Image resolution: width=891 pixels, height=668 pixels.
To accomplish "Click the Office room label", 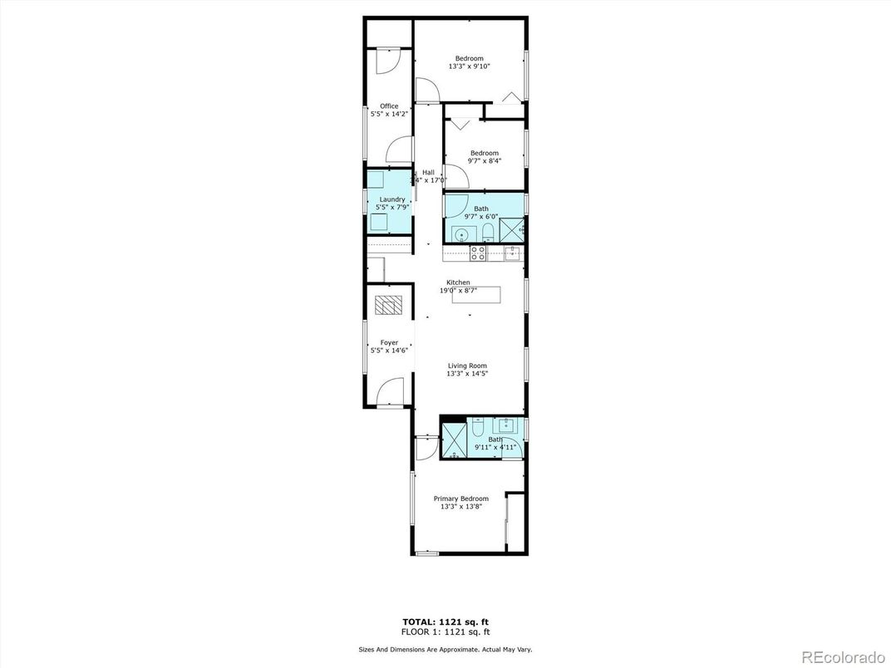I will click(389, 106).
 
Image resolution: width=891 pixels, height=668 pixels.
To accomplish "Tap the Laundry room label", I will click(392, 199).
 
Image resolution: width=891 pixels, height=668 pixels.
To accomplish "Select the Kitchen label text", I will click(458, 282).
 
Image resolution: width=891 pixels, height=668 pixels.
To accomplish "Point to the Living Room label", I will click(467, 366).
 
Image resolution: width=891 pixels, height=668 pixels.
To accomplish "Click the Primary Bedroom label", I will click(461, 499).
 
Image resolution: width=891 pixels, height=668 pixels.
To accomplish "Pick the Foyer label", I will click(389, 342).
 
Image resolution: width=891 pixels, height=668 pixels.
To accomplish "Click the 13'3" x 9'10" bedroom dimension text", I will click(470, 66).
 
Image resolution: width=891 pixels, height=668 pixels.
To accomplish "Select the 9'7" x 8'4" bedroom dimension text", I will click(485, 161).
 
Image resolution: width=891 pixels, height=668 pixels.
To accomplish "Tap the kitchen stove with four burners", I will click(479, 253).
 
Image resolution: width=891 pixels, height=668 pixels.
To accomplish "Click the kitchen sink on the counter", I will click(514, 252).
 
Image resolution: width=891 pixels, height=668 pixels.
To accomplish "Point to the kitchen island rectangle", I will click(477, 295).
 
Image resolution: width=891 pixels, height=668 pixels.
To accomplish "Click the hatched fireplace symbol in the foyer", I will click(386, 305).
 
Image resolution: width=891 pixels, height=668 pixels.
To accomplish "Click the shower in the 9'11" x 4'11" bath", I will click(453, 441).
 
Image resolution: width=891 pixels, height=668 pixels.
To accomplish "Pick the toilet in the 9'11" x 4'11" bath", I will click(479, 428).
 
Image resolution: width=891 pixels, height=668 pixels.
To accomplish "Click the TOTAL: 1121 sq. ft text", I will click(445, 621).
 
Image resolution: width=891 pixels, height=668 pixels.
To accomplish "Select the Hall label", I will click(428, 173).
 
